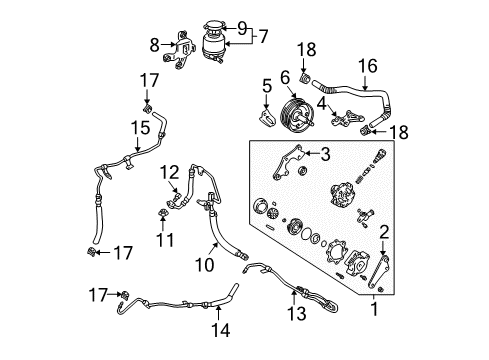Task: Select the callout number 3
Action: point(324,152)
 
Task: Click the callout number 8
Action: point(153,44)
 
